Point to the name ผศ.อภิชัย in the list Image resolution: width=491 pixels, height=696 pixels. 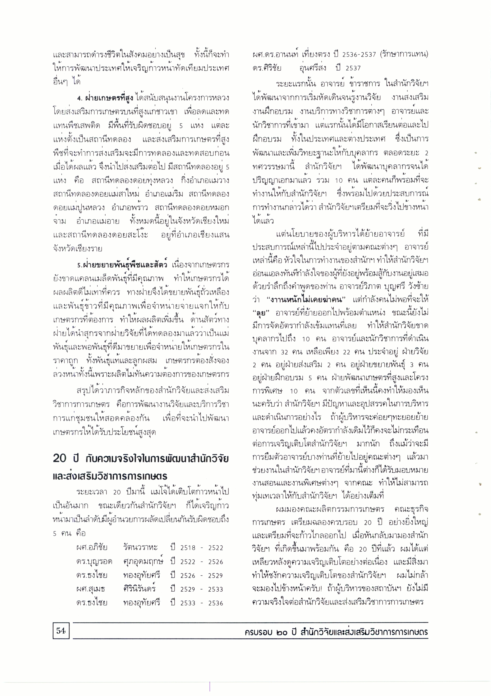[92, 547]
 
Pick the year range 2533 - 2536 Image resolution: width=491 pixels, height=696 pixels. [201, 603]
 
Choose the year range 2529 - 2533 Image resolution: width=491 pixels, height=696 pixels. [201, 589]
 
